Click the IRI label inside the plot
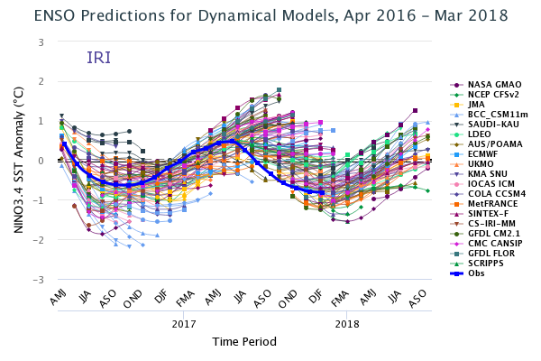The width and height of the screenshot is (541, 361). pos(99,58)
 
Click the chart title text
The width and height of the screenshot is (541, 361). pos(270,16)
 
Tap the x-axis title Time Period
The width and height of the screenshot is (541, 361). pos(243,342)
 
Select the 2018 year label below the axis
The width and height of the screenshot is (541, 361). pos(346,323)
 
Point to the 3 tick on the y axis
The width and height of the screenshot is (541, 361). pos(41,42)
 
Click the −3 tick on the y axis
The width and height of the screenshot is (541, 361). pos(39,280)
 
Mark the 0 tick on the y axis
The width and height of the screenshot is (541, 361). pos(41,161)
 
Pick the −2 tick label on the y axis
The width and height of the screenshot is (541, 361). pos(39,240)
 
